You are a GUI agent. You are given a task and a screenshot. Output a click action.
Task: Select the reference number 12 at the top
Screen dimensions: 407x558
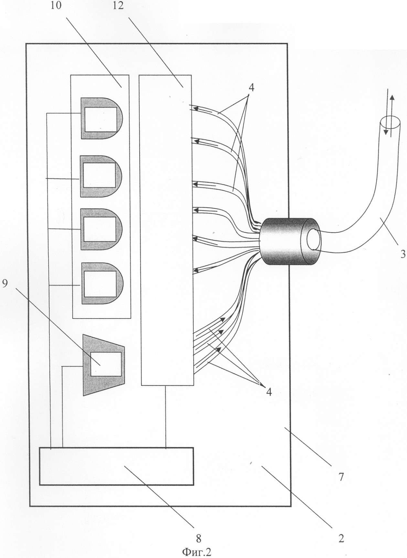(x=118, y=5)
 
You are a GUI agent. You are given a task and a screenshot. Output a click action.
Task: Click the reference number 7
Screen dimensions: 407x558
(x=341, y=476)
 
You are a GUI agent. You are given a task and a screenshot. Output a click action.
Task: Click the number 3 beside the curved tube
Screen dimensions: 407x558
(x=403, y=254)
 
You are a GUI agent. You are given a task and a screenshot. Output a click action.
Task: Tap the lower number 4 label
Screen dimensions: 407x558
(x=269, y=392)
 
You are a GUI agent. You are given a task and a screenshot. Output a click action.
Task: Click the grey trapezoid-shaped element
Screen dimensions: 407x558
(x=104, y=365)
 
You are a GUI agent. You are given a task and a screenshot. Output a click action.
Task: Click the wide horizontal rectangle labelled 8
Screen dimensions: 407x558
(x=116, y=466)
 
